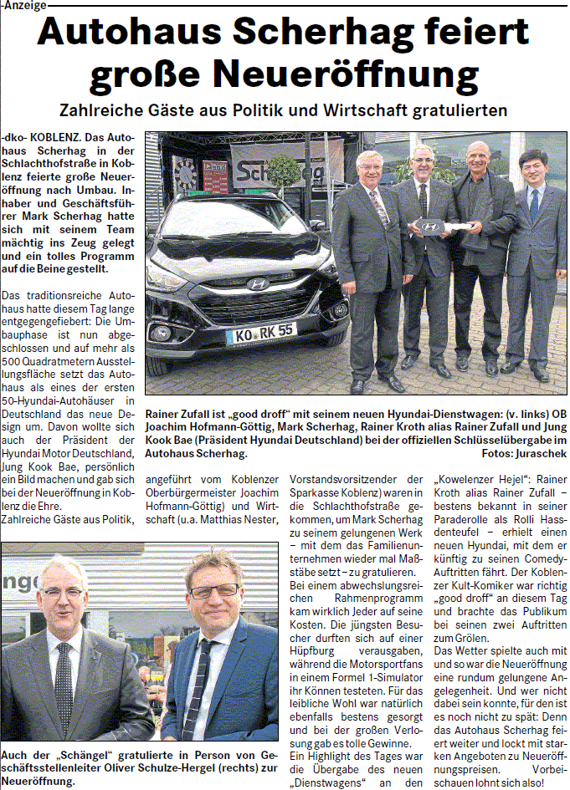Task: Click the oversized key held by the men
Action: (x=438, y=226)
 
